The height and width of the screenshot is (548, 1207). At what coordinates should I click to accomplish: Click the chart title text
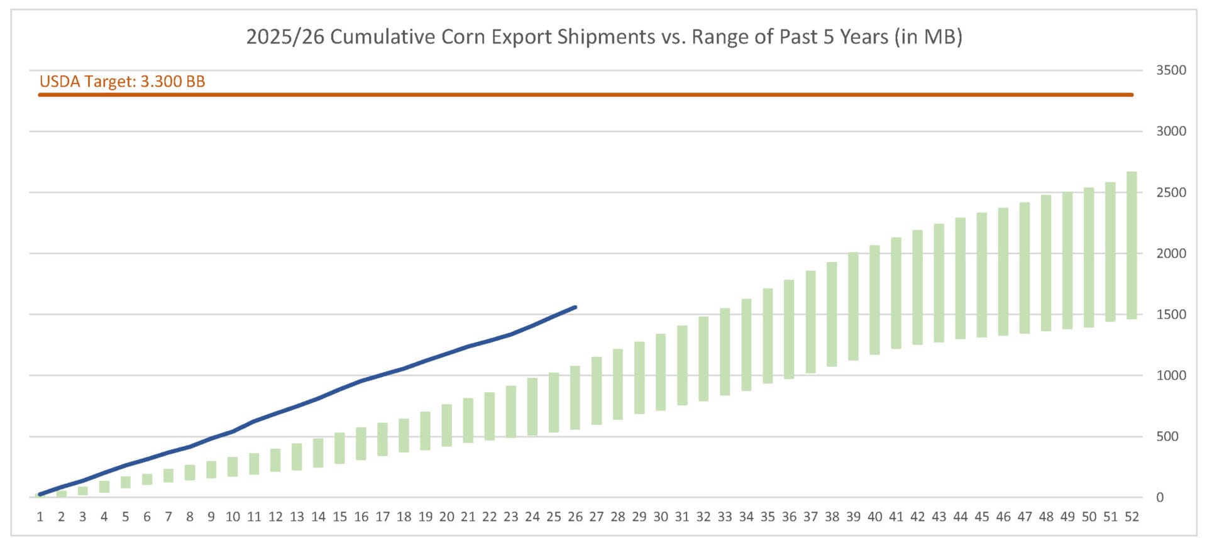(603, 37)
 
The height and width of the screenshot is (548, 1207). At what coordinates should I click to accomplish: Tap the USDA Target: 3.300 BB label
(122, 82)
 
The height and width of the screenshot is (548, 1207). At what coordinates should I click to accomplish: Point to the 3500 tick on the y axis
(1171, 70)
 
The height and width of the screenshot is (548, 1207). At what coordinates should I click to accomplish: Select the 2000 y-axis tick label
(1171, 253)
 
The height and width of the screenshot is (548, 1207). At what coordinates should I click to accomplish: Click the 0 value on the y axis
(1160, 497)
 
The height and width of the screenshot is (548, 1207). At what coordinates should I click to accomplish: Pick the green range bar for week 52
(1131, 245)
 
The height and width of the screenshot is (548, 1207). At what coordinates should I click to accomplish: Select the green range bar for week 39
(853, 306)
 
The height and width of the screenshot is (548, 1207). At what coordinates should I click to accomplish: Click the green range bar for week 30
(661, 372)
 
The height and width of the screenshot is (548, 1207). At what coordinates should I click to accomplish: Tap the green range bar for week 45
(981, 275)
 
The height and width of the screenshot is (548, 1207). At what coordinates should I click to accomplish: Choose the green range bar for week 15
(339, 448)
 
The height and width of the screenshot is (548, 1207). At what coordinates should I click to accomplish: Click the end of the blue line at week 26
(575, 307)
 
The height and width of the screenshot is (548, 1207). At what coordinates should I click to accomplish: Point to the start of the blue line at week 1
(40, 495)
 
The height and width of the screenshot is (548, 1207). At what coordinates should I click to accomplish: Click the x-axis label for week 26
(575, 517)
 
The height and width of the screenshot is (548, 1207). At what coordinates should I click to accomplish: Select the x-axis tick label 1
(40, 517)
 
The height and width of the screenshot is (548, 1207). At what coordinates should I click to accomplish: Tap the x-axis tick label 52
(1132, 517)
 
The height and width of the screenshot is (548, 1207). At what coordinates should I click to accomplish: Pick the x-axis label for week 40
(874, 517)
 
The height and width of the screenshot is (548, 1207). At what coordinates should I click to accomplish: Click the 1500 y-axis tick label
(1171, 314)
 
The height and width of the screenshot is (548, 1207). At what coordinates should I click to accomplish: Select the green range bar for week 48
(1045, 263)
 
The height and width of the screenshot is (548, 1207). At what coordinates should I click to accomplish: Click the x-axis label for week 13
(297, 517)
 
